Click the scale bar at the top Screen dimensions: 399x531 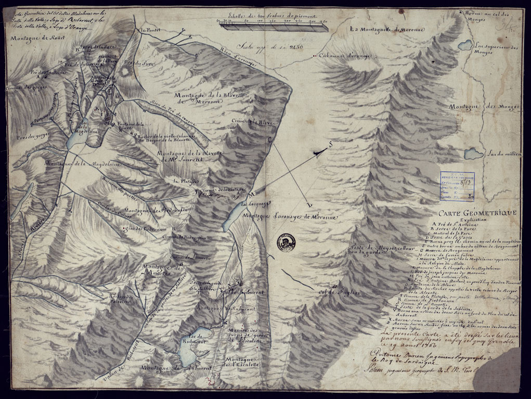pos(272,27)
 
